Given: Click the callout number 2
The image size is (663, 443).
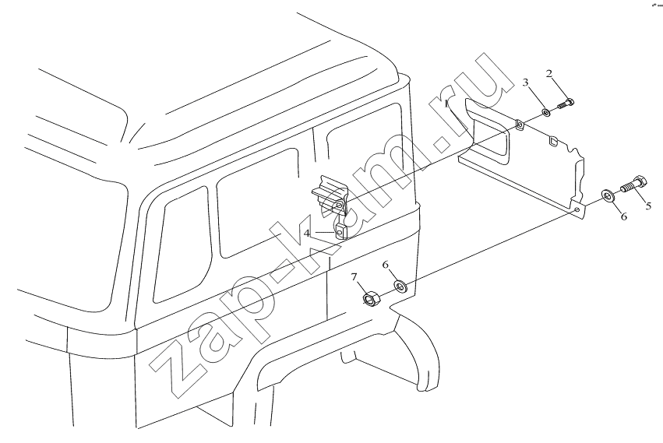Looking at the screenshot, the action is (548, 74).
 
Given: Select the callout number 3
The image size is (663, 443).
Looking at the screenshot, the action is (526, 83).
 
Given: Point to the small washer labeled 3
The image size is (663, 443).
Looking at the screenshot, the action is (546, 113).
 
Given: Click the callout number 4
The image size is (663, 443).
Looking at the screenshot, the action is (307, 233).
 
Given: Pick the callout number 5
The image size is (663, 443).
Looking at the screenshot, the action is (648, 206).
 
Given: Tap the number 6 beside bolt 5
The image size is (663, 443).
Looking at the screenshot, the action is (624, 216).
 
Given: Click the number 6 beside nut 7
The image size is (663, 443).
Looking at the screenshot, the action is (385, 265).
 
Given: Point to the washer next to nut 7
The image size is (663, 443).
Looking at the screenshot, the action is (400, 287).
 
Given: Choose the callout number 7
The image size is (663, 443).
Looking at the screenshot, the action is (354, 277).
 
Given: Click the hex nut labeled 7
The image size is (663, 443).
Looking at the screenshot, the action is (372, 299).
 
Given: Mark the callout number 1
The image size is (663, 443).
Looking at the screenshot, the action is (447, 104).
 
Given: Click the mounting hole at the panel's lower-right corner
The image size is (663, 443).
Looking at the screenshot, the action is (577, 209).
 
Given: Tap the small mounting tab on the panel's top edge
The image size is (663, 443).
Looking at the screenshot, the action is (519, 125).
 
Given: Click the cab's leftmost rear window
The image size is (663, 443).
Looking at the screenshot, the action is (182, 245).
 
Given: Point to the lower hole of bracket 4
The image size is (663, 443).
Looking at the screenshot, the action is (340, 233).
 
